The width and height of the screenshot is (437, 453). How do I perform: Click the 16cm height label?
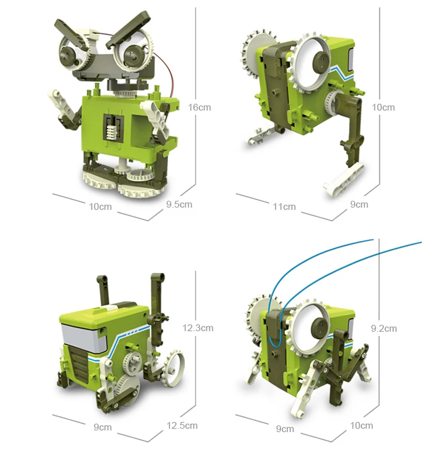(x=199, y=107)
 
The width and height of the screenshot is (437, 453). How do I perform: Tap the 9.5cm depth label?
(x=179, y=204)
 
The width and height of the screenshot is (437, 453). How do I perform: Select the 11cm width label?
(x=284, y=207)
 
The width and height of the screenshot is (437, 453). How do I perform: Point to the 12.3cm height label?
(x=198, y=328)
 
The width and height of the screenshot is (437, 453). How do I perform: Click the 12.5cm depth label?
(x=182, y=426)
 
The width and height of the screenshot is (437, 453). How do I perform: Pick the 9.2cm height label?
(x=383, y=329)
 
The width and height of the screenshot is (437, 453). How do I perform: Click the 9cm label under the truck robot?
(x=103, y=427)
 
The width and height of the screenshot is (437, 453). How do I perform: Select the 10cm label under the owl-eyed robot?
(x=100, y=207)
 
